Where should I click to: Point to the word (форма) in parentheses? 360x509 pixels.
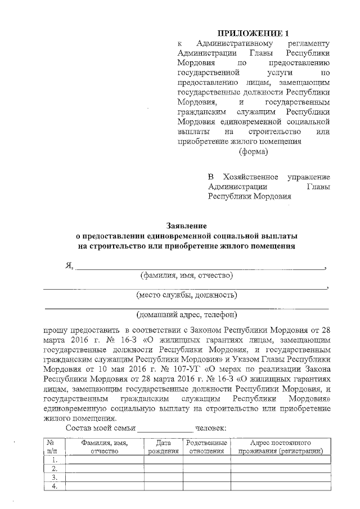[253, 151]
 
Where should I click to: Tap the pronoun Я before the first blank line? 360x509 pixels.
[69, 265]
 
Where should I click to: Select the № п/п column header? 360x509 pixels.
[55, 447]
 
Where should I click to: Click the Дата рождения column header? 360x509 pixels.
[163, 447]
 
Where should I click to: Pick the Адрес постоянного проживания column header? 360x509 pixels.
[280, 447]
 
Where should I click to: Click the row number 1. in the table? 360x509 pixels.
[55, 460]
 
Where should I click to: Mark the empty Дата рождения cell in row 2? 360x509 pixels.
[163, 468]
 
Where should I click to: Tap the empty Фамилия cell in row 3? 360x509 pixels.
[105, 478]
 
